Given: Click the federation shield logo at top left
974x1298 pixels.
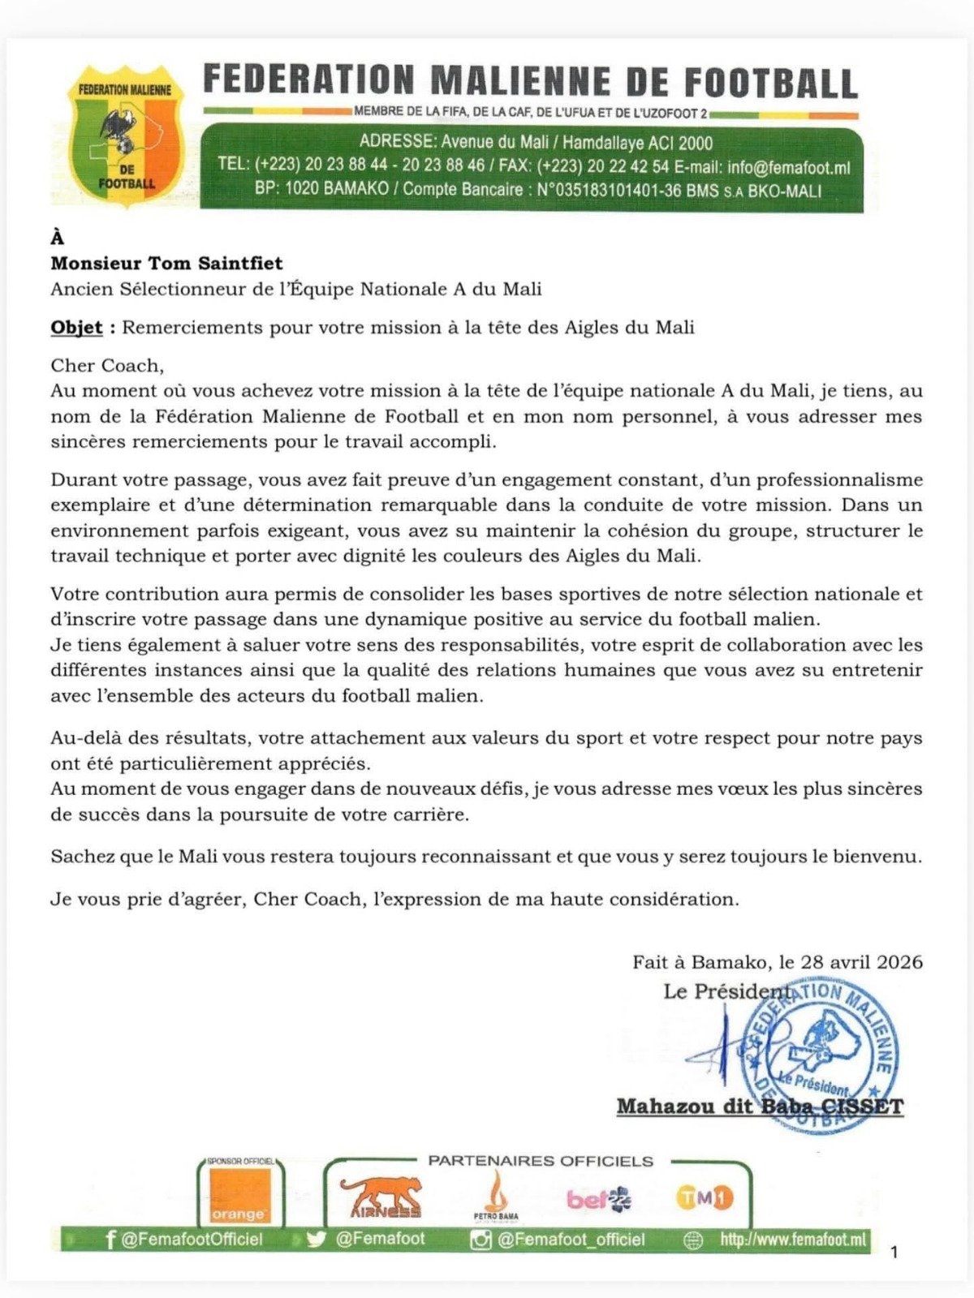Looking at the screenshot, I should coord(125,136).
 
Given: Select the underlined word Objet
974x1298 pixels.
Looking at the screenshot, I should coord(76,328).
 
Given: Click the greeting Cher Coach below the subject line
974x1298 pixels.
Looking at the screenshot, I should coord(106,365).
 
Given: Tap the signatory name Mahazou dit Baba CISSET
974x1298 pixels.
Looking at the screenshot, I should coord(760,1107).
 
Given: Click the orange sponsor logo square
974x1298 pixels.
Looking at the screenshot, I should coord(239,1195).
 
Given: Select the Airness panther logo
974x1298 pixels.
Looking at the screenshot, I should coord(381,1197).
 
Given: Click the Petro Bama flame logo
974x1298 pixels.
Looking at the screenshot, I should coord(495,1197).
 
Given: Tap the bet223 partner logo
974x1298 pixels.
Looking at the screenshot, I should coord(598,1198).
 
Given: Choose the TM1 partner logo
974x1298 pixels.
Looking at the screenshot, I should coord(704,1197).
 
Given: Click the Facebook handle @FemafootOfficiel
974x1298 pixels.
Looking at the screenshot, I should coord(192,1240).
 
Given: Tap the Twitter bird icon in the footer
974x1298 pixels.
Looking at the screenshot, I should coord(317,1240).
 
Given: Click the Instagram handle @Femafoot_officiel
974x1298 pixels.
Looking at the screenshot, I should coord(571,1240).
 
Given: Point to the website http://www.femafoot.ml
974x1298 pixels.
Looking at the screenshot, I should coord(792,1240).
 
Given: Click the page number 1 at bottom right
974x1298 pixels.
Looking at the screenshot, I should coord(894,1253).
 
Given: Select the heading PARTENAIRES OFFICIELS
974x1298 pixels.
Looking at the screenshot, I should coord(541,1161).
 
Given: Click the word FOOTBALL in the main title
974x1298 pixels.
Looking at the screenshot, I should coord(770,83).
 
